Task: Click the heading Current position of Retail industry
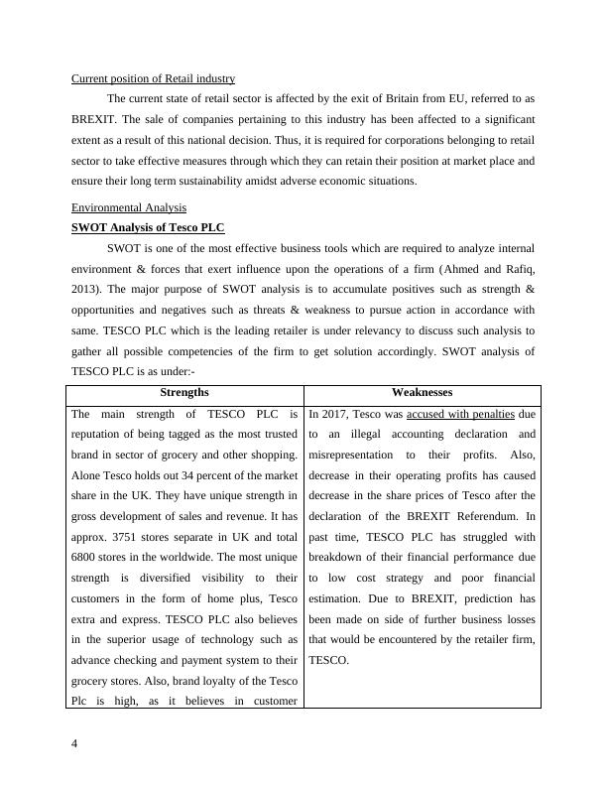[x=153, y=78]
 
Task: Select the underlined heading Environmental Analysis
[x=129, y=207]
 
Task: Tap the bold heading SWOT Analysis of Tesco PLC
[x=149, y=227]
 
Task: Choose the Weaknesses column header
[x=423, y=393]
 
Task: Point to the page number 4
[x=75, y=744]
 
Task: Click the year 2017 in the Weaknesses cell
[x=334, y=414]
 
